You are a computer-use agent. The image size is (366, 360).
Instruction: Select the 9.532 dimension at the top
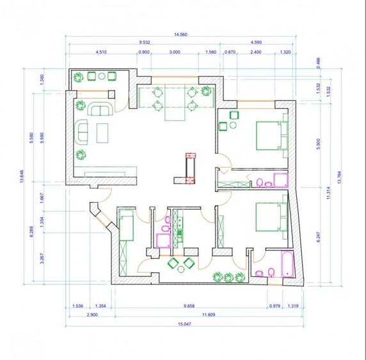pyautogui.click(x=145, y=43)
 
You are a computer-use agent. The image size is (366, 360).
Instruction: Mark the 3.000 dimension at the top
pyautogui.click(x=174, y=52)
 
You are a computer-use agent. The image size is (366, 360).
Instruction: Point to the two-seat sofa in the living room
pyautogui.click(x=100, y=109)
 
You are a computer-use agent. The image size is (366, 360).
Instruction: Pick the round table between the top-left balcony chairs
pyautogui.click(x=101, y=77)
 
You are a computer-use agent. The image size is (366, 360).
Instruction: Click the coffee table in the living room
pyautogui.click(x=103, y=133)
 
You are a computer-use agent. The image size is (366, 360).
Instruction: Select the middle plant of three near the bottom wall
pyautogui.click(x=228, y=277)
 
